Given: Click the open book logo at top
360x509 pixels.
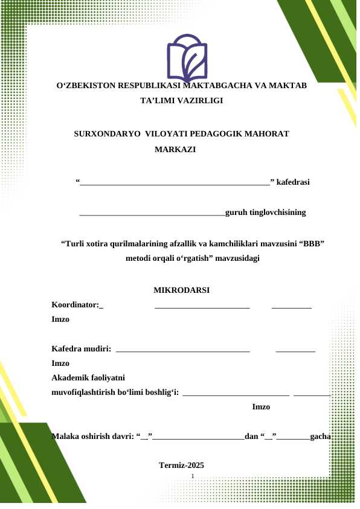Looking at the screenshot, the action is click(187, 58).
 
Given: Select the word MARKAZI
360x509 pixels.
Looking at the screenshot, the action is click(175, 149).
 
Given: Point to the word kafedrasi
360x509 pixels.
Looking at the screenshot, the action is click(294, 181).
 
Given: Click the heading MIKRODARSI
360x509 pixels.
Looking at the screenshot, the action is click(182, 290).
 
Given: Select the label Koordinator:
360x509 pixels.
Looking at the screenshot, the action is click(76, 305).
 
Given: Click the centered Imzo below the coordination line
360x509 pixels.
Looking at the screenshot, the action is click(261, 407).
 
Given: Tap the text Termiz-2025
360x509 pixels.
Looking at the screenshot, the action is click(181, 465).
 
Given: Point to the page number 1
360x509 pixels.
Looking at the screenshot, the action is click(192, 477).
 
